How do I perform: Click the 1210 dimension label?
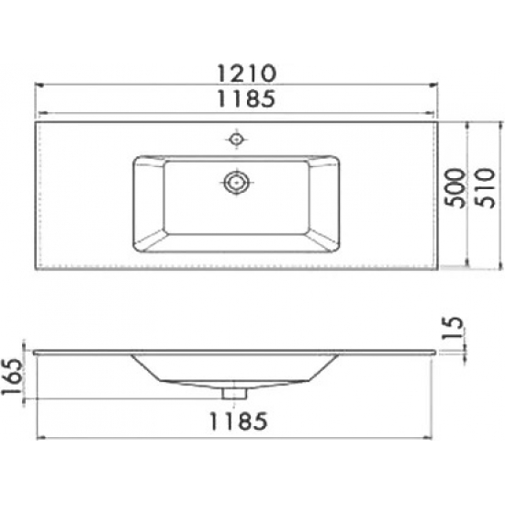click(x=247, y=73)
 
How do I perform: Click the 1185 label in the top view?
click(x=247, y=99)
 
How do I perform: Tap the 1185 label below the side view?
click(x=239, y=421)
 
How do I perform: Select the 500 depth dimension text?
click(x=455, y=187)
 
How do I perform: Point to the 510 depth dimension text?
click(x=484, y=188)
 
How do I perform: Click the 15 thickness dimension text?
click(x=453, y=327)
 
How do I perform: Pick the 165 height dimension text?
click(x=12, y=376)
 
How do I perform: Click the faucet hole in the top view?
click(x=236, y=140)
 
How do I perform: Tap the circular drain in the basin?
click(x=237, y=183)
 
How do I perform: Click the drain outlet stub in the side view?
click(x=234, y=394)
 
